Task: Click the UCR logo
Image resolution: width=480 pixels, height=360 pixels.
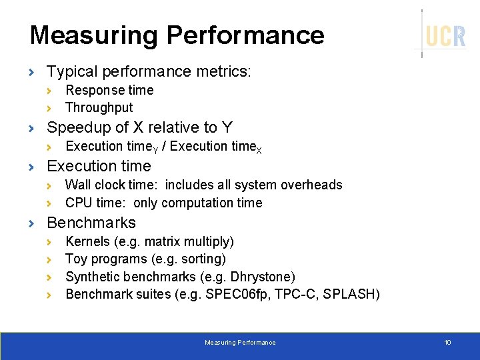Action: click(445, 35)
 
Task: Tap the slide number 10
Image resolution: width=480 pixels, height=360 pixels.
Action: click(447, 343)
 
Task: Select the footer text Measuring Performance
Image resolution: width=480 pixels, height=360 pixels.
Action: click(240, 343)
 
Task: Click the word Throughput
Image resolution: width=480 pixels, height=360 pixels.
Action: click(99, 108)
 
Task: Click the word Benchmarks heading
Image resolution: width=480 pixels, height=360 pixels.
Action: click(91, 223)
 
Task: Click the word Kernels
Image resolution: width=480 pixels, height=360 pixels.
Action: click(88, 241)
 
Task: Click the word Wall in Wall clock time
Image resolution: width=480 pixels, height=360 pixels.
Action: click(77, 185)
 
